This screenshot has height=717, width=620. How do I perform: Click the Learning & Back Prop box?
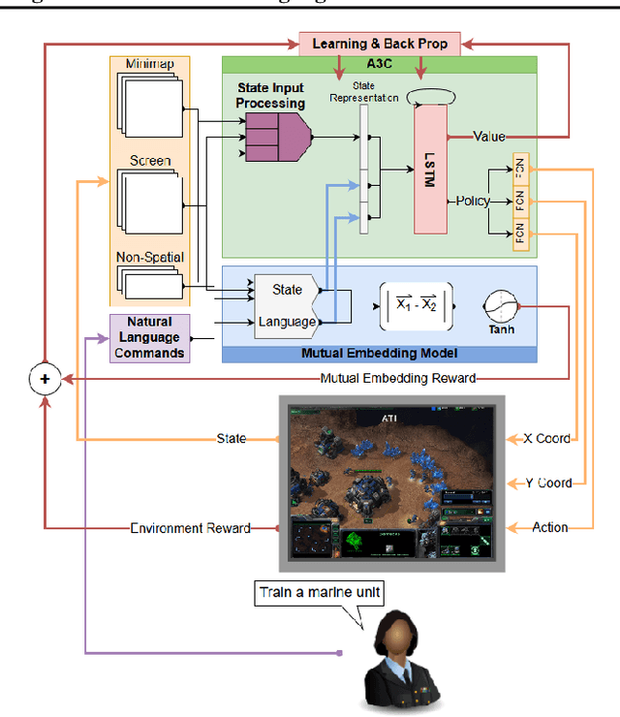coord(379,44)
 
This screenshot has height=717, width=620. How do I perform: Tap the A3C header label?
coord(379,64)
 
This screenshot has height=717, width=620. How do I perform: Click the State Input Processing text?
coord(270,96)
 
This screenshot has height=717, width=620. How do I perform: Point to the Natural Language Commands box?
coord(150,338)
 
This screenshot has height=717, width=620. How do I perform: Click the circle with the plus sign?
coord(44,379)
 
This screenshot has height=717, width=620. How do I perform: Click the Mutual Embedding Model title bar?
coord(380,354)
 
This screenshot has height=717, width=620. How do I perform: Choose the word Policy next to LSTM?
coord(472,202)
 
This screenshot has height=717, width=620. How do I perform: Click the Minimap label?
coord(150,64)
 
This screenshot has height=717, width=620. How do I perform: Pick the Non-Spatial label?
coord(150,258)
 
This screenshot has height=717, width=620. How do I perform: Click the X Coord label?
coord(545,438)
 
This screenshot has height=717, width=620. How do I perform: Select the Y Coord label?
coord(545,483)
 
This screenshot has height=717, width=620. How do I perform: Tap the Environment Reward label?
coord(190,528)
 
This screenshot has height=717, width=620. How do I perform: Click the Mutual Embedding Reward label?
coord(398,378)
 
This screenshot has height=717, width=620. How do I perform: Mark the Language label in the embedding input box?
coord(287,322)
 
